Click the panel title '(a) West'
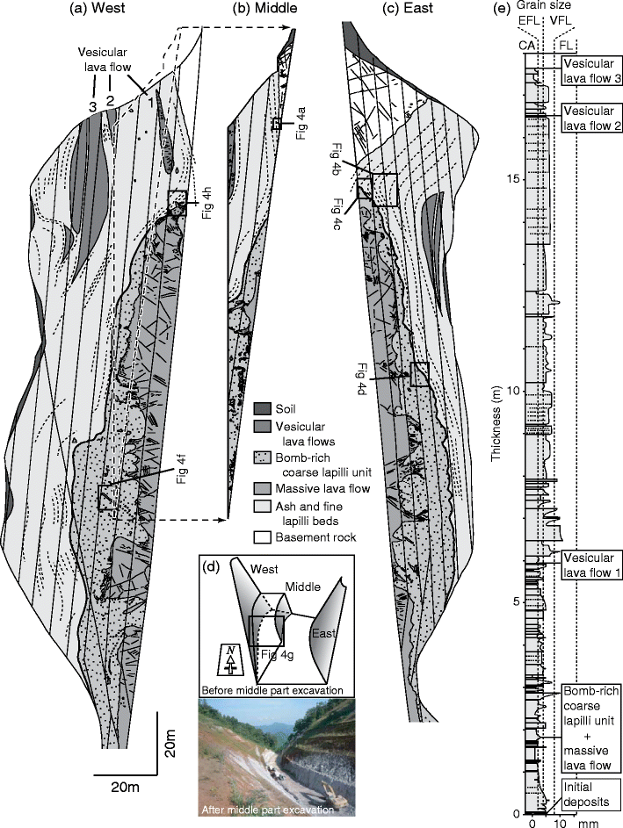point(99,8)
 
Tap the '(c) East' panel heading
point(409,8)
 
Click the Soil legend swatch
point(262,409)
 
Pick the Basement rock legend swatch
point(262,537)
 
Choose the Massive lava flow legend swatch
point(262,488)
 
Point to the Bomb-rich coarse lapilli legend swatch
point(262,457)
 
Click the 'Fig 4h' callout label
point(206,203)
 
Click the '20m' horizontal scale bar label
point(126,788)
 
